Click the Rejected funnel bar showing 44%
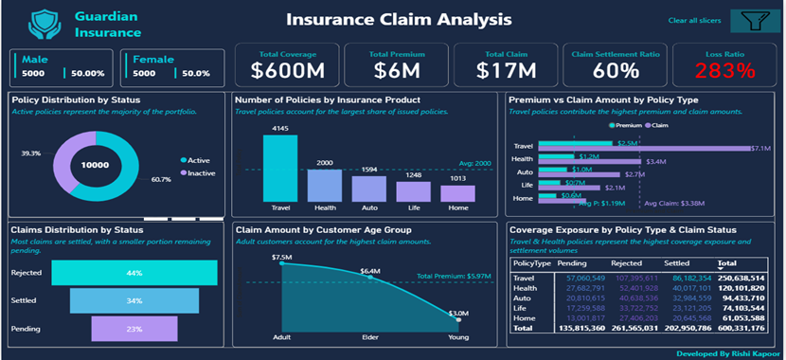point(134,273)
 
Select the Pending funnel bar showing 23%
point(134,328)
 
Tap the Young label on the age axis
point(457,336)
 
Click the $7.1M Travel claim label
point(760,149)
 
